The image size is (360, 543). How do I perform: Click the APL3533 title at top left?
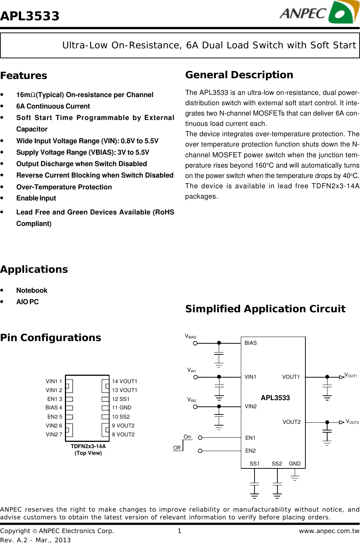[x=30, y=16]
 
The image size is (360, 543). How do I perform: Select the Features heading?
[x=24, y=76]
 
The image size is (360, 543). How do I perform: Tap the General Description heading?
[x=239, y=75]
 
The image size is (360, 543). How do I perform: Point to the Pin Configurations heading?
[x=51, y=338]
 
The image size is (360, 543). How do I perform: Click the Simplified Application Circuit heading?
[x=265, y=309]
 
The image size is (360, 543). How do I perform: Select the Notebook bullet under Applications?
[x=32, y=291]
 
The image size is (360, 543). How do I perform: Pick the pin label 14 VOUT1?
[x=125, y=381]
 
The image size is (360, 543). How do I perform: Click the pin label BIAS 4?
[x=54, y=408]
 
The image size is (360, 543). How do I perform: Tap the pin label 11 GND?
[x=122, y=408]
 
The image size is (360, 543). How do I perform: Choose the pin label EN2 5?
[x=55, y=417]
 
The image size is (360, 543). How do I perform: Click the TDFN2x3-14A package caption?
[x=88, y=446]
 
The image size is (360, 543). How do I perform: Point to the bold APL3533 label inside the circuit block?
[x=275, y=398]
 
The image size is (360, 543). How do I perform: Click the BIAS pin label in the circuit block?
[x=250, y=343]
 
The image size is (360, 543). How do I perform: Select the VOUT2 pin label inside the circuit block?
[x=291, y=422]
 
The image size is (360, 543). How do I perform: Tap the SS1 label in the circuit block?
[x=255, y=464]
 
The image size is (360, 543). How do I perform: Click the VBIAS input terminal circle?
[x=195, y=343]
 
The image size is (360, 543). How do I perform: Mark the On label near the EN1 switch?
[x=187, y=437]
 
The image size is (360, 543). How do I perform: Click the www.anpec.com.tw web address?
[x=329, y=531]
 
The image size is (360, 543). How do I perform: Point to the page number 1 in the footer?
[x=180, y=531]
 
